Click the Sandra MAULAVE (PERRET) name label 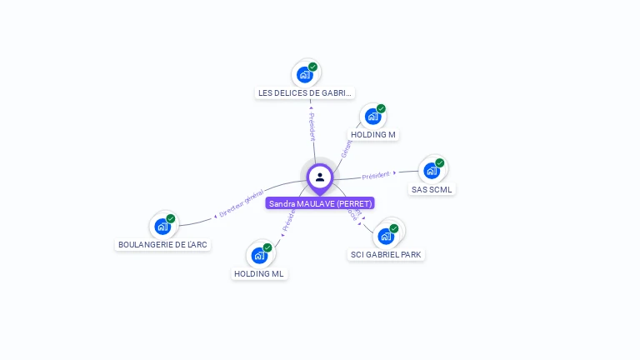coord(320,203)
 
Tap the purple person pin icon coord(320,177)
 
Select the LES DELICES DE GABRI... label coord(305,93)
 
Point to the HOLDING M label coord(372,134)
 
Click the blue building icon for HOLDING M coord(372,117)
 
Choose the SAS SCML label coord(432,189)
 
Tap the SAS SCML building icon coord(431,171)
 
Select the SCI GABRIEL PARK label coord(387,254)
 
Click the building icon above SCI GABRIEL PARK coord(386,236)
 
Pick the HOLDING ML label coord(259,273)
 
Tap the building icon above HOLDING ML coord(259,255)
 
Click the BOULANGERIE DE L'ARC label coord(163,245)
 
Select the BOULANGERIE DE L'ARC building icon coord(162,226)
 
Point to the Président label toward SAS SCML coord(377,175)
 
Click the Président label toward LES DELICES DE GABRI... coord(312,125)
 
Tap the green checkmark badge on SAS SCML coord(440,163)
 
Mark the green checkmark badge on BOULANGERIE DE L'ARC coord(171,218)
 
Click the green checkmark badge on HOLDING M coord(381,108)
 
